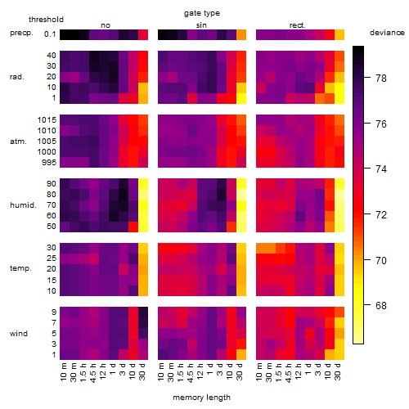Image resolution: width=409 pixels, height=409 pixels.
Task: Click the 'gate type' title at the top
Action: pyautogui.click(x=202, y=13)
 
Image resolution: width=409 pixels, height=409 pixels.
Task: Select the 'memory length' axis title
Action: pyautogui.click(x=201, y=398)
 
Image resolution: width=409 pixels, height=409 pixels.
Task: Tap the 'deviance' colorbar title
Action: pyautogui.click(x=387, y=33)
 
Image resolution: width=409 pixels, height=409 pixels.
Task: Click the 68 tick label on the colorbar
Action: pyautogui.click(x=381, y=305)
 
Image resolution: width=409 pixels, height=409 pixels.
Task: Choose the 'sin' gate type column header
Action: pyautogui.click(x=201, y=25)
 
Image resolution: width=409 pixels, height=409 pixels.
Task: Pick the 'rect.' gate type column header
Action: pyautogui.click(x=297, y=25)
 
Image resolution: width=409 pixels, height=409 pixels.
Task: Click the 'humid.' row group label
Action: pyautogui.click(x=23, y=205)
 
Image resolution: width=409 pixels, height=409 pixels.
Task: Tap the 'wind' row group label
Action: pyautogui.click(x=19, y=334)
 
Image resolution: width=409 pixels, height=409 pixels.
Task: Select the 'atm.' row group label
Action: pyautogui.click(x=18, y=142)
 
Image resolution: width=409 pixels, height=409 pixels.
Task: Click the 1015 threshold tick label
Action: pyautogui.click(x=47, y=120)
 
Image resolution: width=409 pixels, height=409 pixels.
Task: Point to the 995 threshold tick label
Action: pyautogui.click(x=49, y=163)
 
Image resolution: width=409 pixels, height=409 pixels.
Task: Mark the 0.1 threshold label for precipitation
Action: pyautogui.click(x=50, y=34)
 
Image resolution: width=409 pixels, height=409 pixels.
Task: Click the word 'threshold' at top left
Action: pyautogui.click(x=46, y=20)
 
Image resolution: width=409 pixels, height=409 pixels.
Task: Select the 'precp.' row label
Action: pyautogui.click(x=21, y=33)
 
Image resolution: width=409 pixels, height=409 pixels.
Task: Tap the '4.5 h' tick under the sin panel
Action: pyautogui.click(x=191, y=373)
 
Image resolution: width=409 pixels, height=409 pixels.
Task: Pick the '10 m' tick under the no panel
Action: pyautogui.click(x=63, y=372)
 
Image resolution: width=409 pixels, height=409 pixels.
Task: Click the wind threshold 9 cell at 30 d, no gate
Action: pyautogui.click(x=143, y=312)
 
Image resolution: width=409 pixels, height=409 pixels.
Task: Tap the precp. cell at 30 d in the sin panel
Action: pyautogui.click(x=241, y=34)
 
